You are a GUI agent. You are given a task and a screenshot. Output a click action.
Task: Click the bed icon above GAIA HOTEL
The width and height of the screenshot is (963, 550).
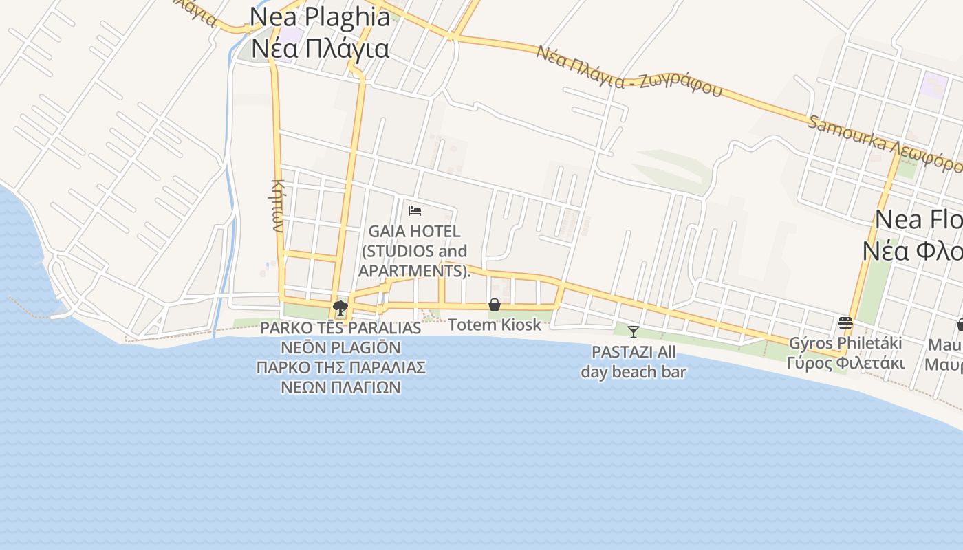point(414,210)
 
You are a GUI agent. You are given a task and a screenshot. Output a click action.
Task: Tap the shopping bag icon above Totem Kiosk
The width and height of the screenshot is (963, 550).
point(494,305)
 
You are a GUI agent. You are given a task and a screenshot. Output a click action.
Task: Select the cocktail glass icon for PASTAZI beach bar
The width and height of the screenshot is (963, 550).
point(634,332)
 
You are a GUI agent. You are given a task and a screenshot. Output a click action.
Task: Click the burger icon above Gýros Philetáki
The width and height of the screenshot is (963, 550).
point(845,322)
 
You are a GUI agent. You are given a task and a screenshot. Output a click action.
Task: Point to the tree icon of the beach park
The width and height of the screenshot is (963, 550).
point(340,307)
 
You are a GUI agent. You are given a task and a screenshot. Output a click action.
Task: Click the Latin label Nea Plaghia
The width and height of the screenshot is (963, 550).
point(320,16)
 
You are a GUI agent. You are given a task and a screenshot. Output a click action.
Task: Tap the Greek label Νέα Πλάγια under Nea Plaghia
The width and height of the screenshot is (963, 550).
point(320,48)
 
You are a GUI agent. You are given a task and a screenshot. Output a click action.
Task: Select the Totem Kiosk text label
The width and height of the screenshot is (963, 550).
point(495,324)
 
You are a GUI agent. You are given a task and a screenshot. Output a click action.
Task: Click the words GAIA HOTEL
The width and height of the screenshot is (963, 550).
point(414,232)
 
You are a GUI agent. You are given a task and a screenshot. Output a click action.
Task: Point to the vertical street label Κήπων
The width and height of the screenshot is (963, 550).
point(278,205)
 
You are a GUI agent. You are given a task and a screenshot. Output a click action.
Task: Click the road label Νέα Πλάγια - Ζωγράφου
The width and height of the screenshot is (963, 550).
point(629,71)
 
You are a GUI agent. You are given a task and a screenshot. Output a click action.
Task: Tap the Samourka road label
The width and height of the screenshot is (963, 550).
point(884,144)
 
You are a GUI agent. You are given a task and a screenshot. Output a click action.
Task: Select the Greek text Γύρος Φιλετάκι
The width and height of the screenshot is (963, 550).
point(845,362)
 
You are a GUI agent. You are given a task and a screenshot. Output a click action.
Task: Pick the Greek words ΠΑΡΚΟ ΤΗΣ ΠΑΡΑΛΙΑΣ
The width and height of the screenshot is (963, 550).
point(340,367)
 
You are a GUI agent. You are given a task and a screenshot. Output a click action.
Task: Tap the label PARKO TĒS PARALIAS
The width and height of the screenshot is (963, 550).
point(340,328)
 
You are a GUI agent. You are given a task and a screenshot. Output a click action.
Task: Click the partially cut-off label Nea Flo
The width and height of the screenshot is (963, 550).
point(918,220)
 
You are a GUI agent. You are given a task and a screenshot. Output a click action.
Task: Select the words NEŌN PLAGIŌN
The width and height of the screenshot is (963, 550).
point(340,347)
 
